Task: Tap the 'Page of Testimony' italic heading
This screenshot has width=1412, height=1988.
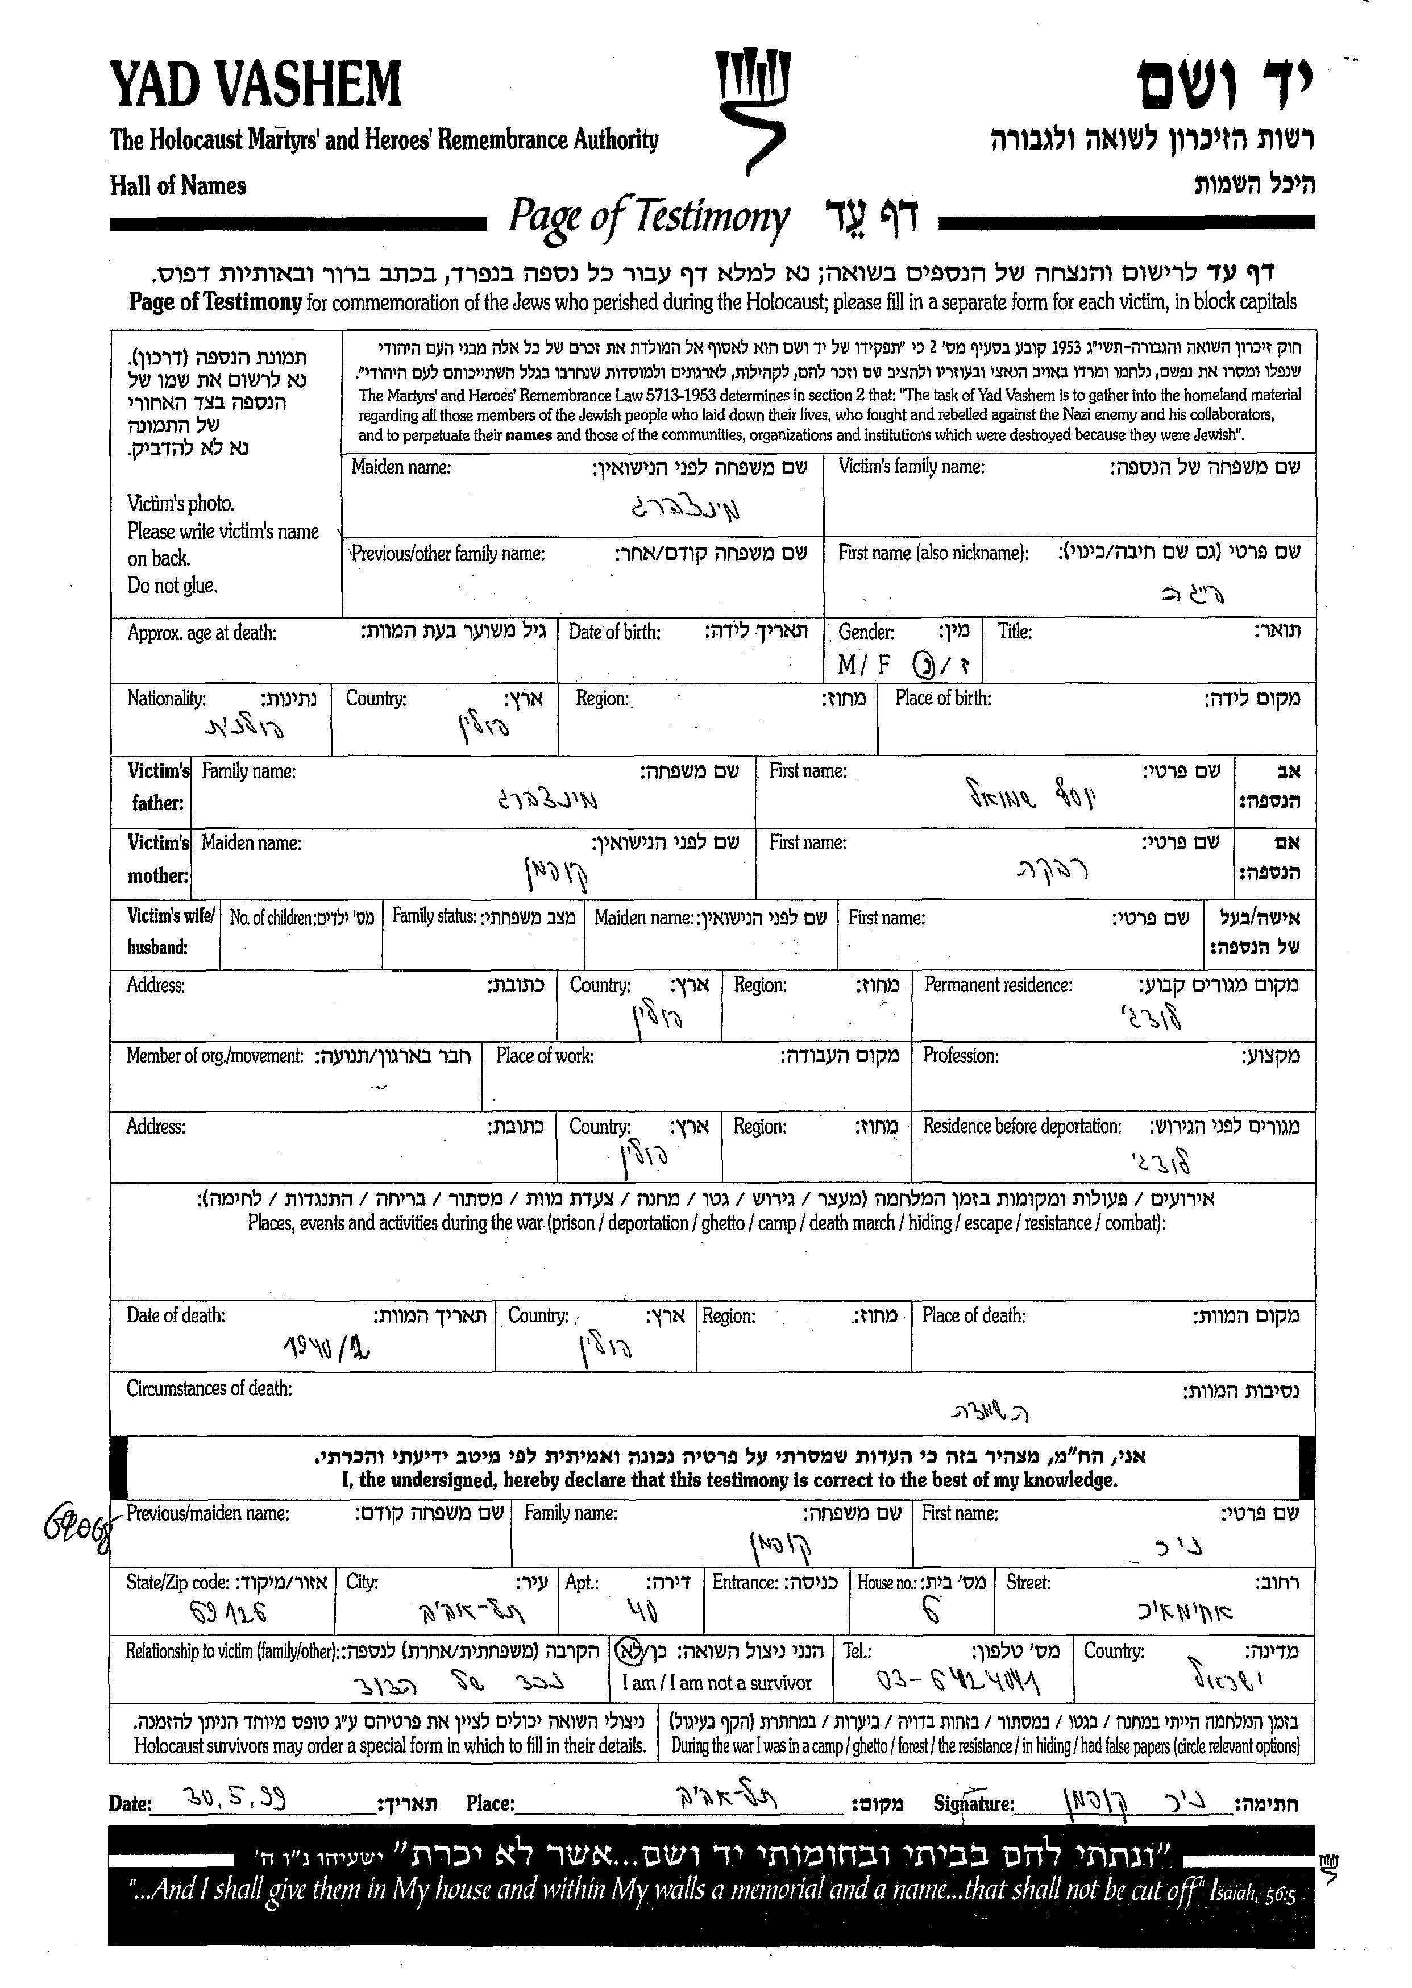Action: tap(649, 217)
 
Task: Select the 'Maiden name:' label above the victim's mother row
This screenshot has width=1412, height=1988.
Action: tap(251, 842)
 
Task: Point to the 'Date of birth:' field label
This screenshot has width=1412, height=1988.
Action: tap(614, 632)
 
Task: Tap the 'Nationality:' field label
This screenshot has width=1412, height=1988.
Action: tap(166, 698)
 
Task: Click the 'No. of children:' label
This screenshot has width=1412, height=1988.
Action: tap(271, 918)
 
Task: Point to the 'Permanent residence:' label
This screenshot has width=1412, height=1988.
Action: tap(997, 985)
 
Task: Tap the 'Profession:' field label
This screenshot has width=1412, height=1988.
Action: tap(960, 1056)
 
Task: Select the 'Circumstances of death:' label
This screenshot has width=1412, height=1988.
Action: tap(209, 1389)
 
